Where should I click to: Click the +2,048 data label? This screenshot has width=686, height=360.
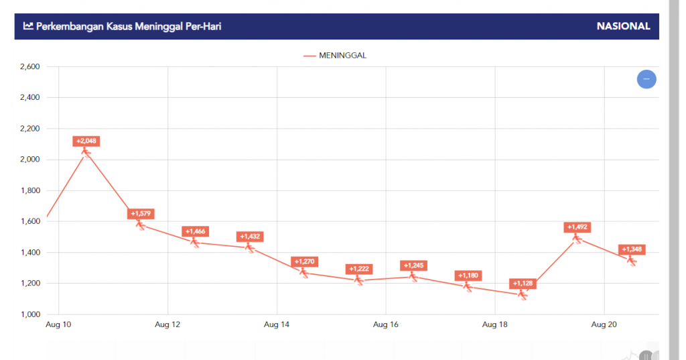(86, 141)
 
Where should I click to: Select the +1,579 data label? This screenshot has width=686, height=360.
(141, 214)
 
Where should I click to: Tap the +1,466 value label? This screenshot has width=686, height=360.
(196, 231)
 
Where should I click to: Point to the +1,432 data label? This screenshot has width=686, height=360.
(250, 236)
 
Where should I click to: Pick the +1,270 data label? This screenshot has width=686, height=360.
(304, 261)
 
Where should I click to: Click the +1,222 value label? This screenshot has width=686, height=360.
(359, 269)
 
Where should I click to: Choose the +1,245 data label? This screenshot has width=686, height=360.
(413, 265)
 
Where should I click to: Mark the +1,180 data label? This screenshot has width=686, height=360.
(468, 276)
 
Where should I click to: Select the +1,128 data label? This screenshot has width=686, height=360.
(523, 284)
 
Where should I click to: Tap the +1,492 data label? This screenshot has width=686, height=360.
(577, 227)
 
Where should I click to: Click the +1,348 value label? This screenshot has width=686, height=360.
(632, 249)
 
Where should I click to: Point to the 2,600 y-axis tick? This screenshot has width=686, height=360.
(30, 66)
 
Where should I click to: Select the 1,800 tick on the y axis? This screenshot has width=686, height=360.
(30, 190)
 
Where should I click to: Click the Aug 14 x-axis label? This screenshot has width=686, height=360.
(277, 325)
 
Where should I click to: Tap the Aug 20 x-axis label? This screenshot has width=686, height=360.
(604, 325)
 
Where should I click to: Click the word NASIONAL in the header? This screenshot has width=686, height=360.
(623, 26)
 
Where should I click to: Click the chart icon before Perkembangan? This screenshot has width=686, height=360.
(28, 26)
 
